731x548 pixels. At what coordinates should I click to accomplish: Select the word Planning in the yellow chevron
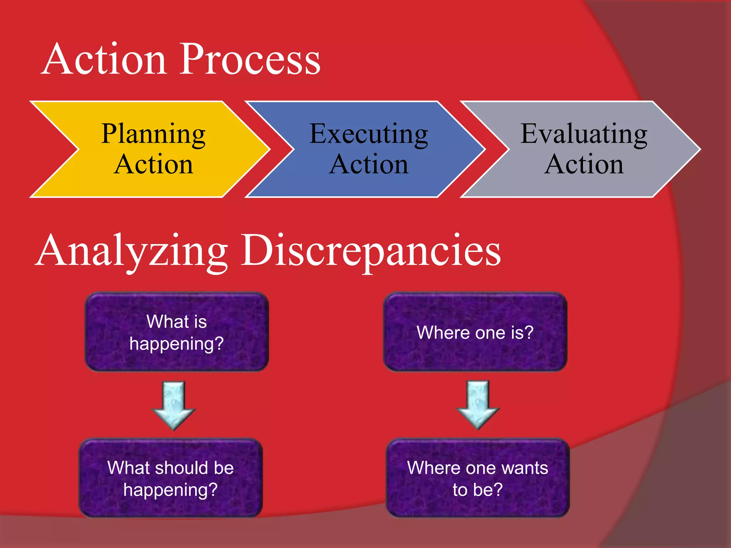pyautogui.click(x=153, y=134)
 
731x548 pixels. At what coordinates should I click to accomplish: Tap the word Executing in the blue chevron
pyautogui.click(x=368, y=134)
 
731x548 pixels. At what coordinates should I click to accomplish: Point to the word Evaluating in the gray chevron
pyautogui.click(x=584, y=134)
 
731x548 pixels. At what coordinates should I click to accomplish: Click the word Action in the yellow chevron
pyautogui.click(x=153, y=164)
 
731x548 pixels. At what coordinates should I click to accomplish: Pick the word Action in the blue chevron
pyautogui.click(x=368, y=164)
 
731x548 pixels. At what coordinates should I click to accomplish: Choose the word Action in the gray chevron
pyautogui.click(x=584, y=164)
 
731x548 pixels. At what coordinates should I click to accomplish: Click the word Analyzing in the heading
pyautogui.click(x=132, y=250)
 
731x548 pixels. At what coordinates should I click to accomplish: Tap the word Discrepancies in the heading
pyautogui.click(x=371, y=250)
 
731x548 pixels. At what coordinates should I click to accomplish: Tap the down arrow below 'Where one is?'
pyautogui.click(x=478, y=405)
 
